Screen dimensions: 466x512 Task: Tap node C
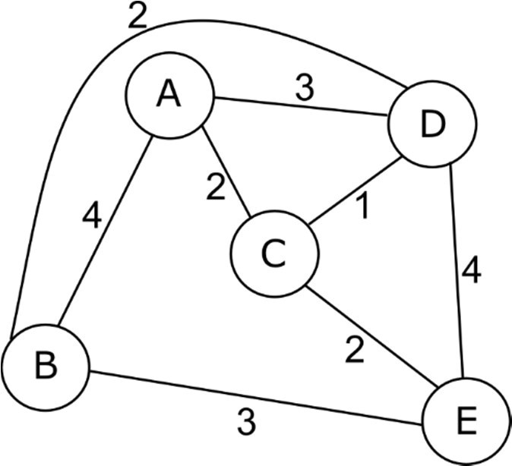pyautogui.click(x=271, y=253)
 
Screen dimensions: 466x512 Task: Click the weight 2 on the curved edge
pyautogui.click(x=137, y=17)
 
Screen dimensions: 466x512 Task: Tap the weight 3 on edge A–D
pyautogui.click(x=304, y=89)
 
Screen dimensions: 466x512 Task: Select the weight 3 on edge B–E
pyautogui.click(x=245, y=422)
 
